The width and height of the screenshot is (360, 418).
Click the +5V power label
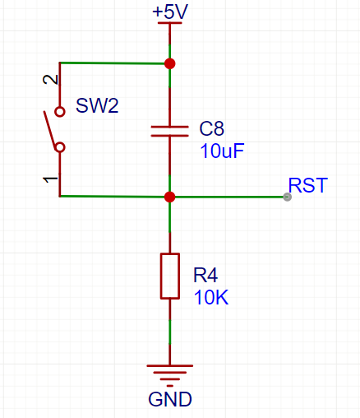click(169, 12)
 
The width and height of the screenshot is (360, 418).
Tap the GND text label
click(169, 401)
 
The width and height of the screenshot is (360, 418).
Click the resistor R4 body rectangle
click(169, 276)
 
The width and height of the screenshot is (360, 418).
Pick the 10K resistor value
click(210, 297)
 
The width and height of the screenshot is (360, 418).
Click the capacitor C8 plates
click(169, 130)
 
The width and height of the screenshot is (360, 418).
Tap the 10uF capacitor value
click(223, 151)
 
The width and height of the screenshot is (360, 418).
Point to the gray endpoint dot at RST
click(287, 197)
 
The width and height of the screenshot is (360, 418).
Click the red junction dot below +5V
click(169, 63)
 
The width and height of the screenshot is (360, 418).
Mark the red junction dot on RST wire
click(169, 197)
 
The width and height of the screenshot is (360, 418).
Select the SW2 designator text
click(97, 105)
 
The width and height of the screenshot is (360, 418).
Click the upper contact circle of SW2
click(59, 111)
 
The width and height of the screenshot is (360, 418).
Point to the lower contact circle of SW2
click(59, 148)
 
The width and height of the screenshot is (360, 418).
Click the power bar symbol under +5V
click(169, 24)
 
